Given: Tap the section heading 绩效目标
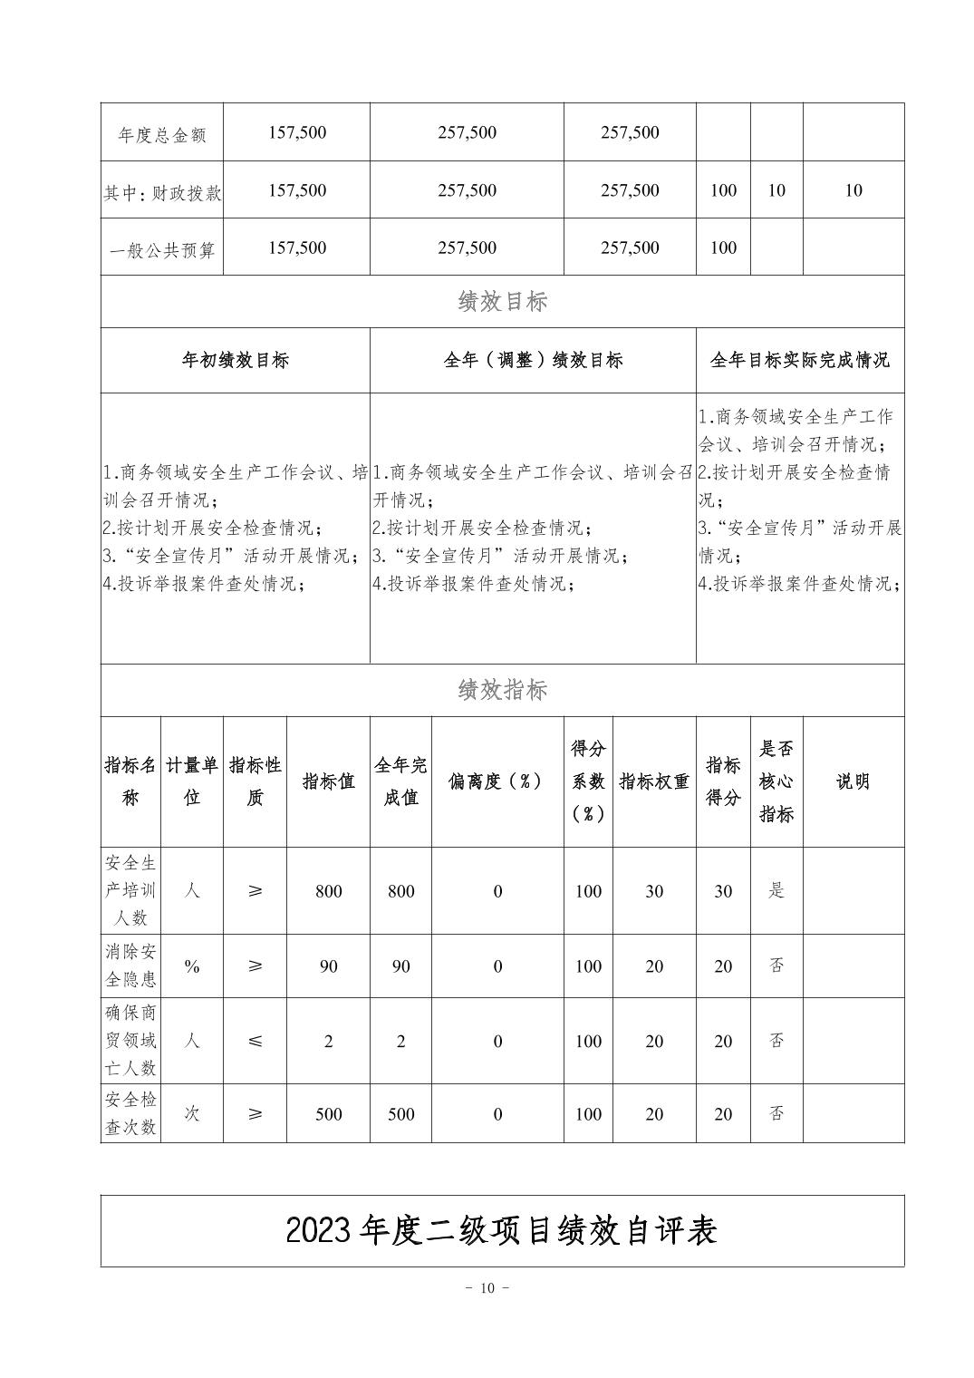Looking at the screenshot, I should [502, 302].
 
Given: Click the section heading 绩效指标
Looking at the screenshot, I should [502, 691].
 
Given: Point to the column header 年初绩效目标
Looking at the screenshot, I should [235, 361].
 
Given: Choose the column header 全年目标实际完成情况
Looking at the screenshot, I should [799, 361].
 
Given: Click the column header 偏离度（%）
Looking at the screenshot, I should [497, 781].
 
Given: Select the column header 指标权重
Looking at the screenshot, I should [653, 781].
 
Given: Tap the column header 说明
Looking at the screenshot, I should [853, 781].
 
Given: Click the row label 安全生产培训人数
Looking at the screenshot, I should [130, 890].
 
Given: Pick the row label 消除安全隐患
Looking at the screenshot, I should [130, 966].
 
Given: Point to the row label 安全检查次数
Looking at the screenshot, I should [130, 1113].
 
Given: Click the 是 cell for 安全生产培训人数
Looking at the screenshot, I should [776, 890].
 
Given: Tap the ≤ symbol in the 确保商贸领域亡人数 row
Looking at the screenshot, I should [255, 1041].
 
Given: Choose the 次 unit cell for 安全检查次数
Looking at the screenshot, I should [192, 1113].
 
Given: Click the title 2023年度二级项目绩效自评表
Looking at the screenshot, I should [502, 1230].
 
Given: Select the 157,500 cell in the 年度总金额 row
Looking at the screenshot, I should [297, 133].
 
